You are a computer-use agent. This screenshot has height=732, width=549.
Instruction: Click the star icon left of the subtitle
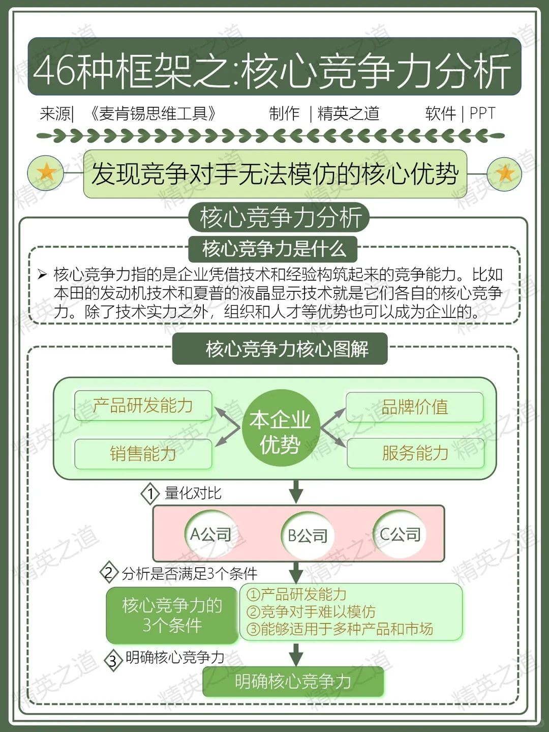click(46, 172)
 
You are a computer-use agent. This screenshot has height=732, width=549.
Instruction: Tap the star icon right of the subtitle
click(505, 173)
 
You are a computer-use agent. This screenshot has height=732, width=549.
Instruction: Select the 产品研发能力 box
click(143, 405)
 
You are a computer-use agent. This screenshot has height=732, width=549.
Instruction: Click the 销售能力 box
click(143, 453)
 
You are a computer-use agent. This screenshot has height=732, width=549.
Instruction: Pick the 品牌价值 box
click(414, 407)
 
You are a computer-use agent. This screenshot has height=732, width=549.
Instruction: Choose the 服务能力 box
click(415, 453)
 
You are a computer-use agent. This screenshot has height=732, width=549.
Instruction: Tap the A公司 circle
click(210, 534)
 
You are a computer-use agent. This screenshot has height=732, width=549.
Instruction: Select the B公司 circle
click(308, 535)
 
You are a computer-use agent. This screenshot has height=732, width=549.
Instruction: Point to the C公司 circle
click(400, 534)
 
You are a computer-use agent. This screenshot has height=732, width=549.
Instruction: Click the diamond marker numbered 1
click(150, 493)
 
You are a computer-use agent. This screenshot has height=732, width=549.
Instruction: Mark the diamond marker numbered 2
click(109, 573)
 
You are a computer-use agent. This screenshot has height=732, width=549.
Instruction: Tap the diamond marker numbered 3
click(113, 660)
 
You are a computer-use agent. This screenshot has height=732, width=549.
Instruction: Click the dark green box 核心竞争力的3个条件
click(172, 615)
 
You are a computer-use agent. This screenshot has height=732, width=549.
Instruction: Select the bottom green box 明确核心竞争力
click(293, 681)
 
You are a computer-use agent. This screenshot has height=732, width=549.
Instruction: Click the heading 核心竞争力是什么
click(273, 249)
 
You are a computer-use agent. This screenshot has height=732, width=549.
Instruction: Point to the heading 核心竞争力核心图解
click(280, 349)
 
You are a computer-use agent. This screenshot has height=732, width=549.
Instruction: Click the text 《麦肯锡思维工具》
click(152, 113)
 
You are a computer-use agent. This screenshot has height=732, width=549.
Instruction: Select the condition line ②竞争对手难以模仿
click(311, 611)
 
